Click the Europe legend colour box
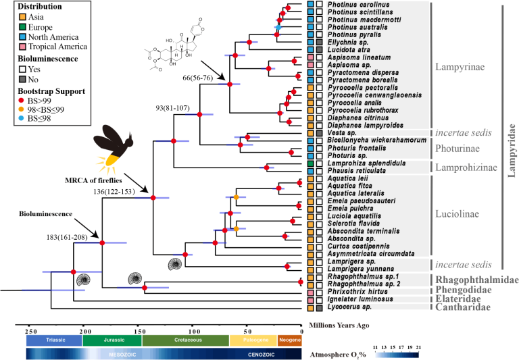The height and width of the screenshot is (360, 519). (x=12, y=28)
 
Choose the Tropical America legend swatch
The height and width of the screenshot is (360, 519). (x=12, y=47)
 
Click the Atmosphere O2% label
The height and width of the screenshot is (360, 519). (x=334, y=353)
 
